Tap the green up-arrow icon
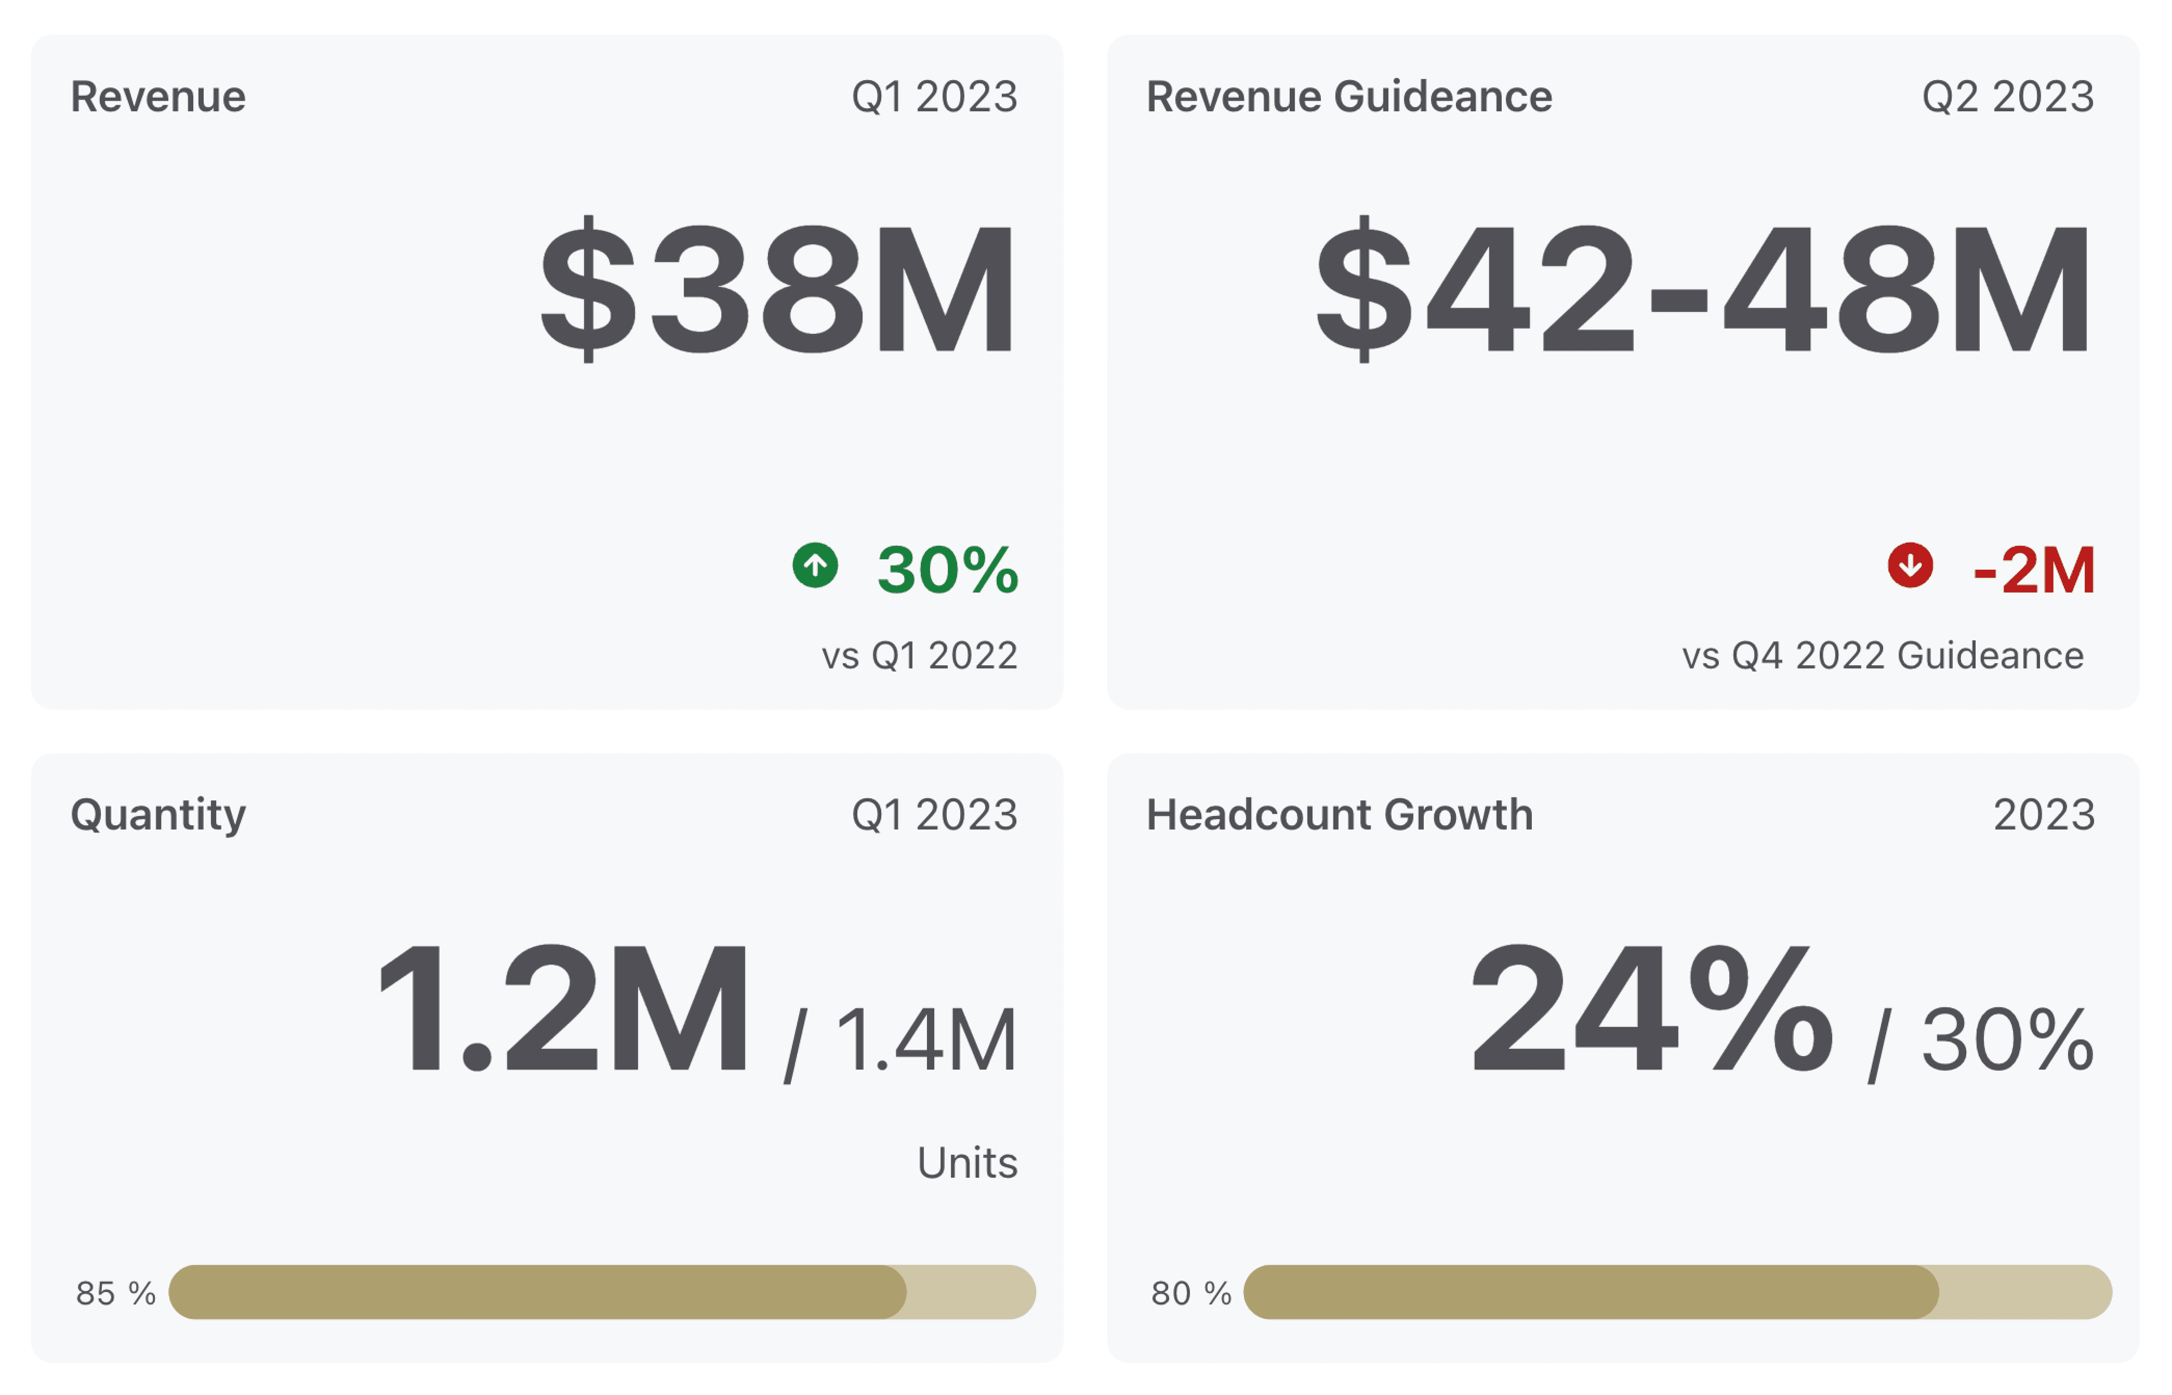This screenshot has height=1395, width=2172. tap(815, 565)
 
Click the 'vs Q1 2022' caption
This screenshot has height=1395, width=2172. tap(919, 656)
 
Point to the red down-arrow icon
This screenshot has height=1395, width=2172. tap(1910, 565)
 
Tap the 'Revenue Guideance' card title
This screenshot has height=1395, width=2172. tap(1348, 97)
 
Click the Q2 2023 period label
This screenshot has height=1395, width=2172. tap(2007, 97)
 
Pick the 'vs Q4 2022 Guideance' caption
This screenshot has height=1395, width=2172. tap(1882, 656)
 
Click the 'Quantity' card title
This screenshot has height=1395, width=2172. tap(158, 815)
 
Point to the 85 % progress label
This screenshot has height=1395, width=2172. tap(115, 1294)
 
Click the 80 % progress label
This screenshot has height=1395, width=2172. tap(1190, 1294)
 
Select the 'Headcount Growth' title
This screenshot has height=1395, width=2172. tap(1339, 815)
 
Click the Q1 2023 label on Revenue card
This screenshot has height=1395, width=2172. tap(934, 97)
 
